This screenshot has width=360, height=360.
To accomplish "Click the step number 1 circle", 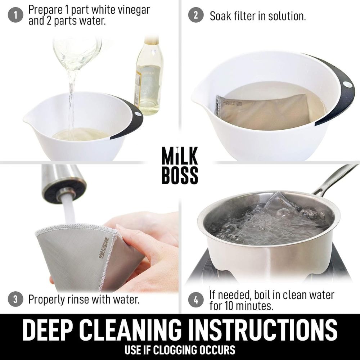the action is point(15,15).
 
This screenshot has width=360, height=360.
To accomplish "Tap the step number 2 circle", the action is point(196,15).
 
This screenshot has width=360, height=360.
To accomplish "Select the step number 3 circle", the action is point(15,300).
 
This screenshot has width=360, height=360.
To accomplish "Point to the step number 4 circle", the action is point(196,300).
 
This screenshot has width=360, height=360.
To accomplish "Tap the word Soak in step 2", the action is point(221,16).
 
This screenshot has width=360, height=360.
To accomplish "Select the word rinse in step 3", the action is point(78,300).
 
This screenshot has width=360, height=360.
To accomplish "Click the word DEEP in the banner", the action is point(49,330).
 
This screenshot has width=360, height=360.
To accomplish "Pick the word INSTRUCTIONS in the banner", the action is point(264,330).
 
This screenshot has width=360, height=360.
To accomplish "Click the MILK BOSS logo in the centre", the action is point(180,165).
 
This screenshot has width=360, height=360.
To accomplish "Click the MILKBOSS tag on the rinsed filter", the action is point(104,248).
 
